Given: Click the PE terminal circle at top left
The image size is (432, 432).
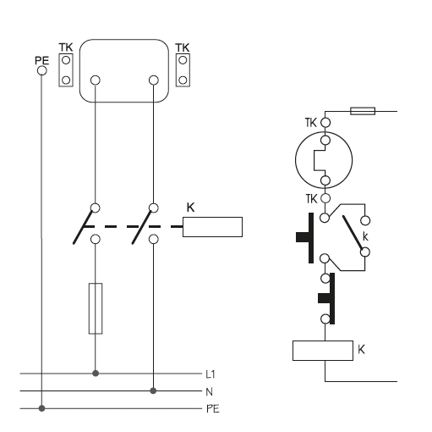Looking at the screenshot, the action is [42, 70].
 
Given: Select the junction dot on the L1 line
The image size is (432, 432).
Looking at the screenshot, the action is [96, 374].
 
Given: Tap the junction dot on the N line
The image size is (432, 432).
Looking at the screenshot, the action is [153, 390].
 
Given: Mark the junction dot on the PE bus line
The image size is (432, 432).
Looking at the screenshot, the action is [41, 408].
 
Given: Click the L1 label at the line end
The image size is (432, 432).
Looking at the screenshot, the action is [211, 374].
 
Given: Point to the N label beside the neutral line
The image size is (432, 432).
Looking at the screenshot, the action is [209, 392].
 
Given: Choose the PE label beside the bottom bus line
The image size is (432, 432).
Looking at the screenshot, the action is [213, 409].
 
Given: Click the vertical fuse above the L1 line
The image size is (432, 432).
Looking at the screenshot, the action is [96, 308].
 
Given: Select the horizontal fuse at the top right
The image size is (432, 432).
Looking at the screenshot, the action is [363, 111].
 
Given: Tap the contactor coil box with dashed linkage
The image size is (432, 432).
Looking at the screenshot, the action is [212, 227].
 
